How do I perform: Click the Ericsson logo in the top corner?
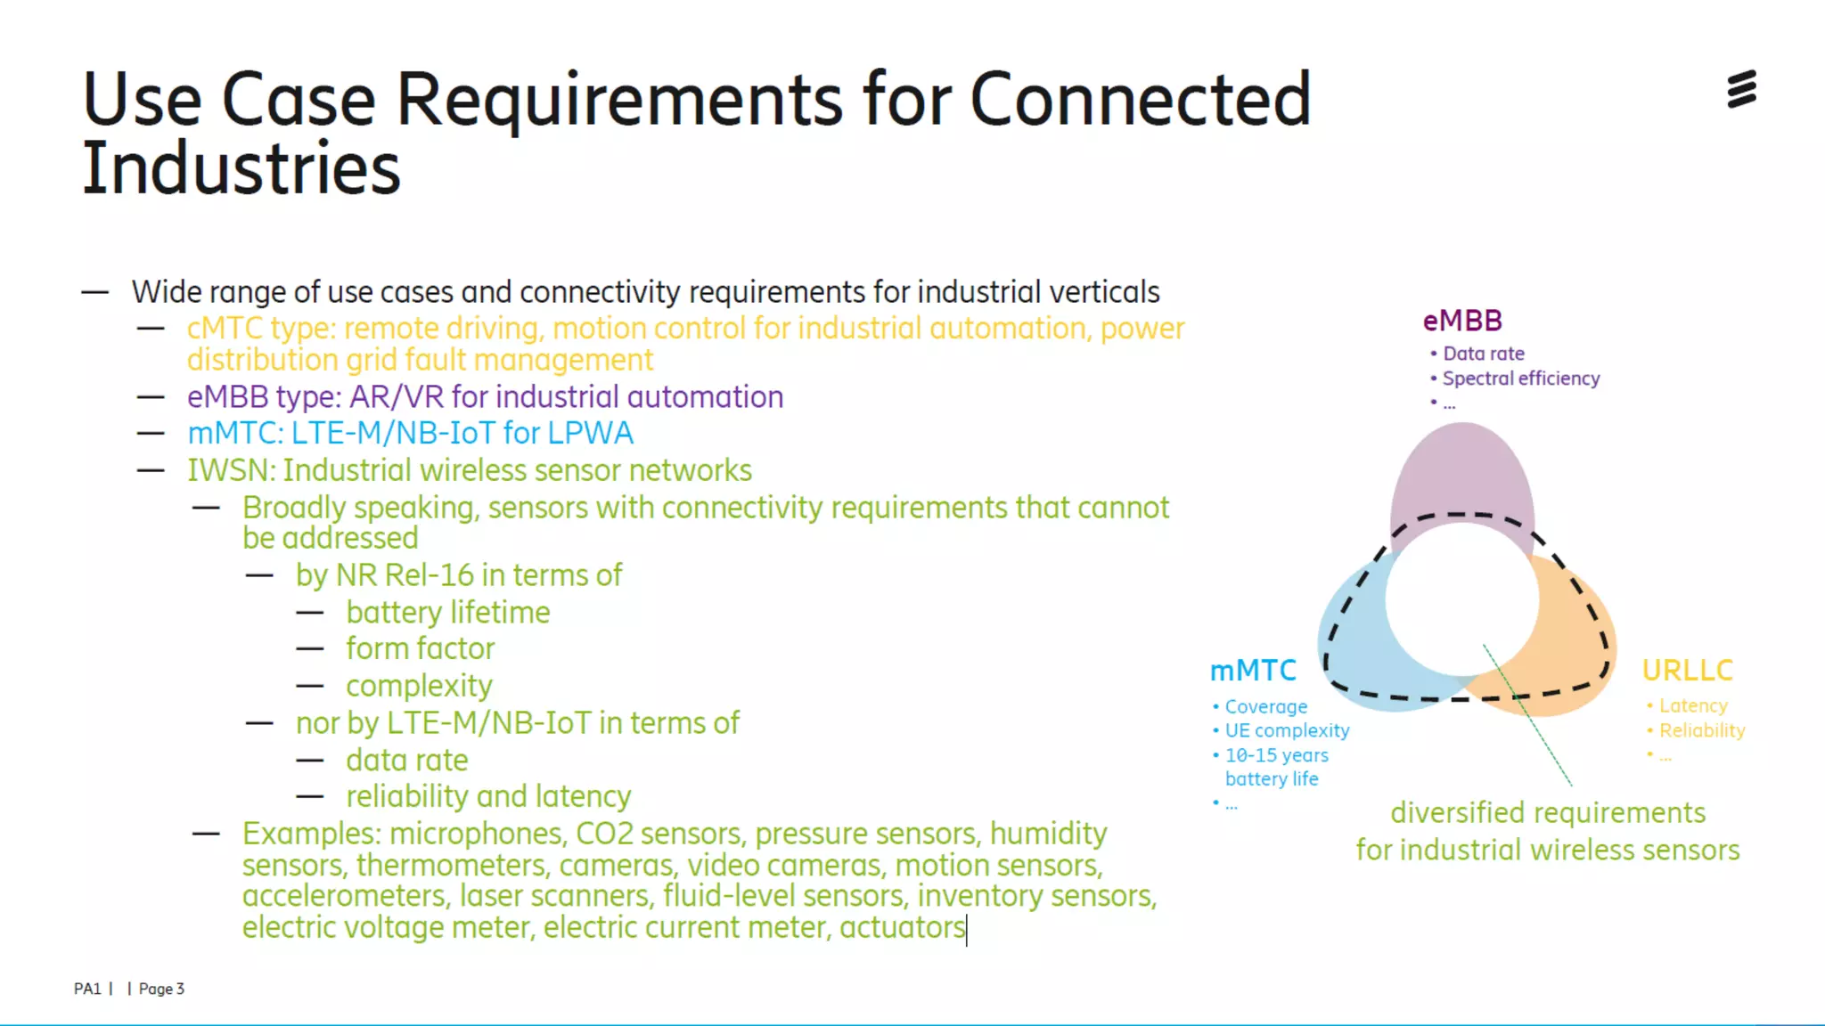click(x=1741, y=89)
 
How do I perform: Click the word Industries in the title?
click(x=241, y=169)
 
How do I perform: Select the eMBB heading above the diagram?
click(x=1462, y=321)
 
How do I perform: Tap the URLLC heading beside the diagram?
click(x=1687, y=670)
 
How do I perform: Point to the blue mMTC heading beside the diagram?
click(x=1253, y=670)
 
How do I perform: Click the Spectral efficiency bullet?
click(x=1520, y=379)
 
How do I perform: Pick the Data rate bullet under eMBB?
click(x=1483, y=354)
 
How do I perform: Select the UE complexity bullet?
click(x=1287, y=730)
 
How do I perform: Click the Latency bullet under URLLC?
click(x=1692, y=705)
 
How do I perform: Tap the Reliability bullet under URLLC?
click(x=1701, y=730)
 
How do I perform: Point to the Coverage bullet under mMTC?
click(x=1265, y=706)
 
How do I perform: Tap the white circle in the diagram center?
click(x=1461, y=598)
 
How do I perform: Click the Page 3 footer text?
click(x=161, y=989)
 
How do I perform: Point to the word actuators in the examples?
click(x=902, y=927)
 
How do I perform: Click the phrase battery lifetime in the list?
click(x=448, y=613)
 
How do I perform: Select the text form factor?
click(x=420, y=648)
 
